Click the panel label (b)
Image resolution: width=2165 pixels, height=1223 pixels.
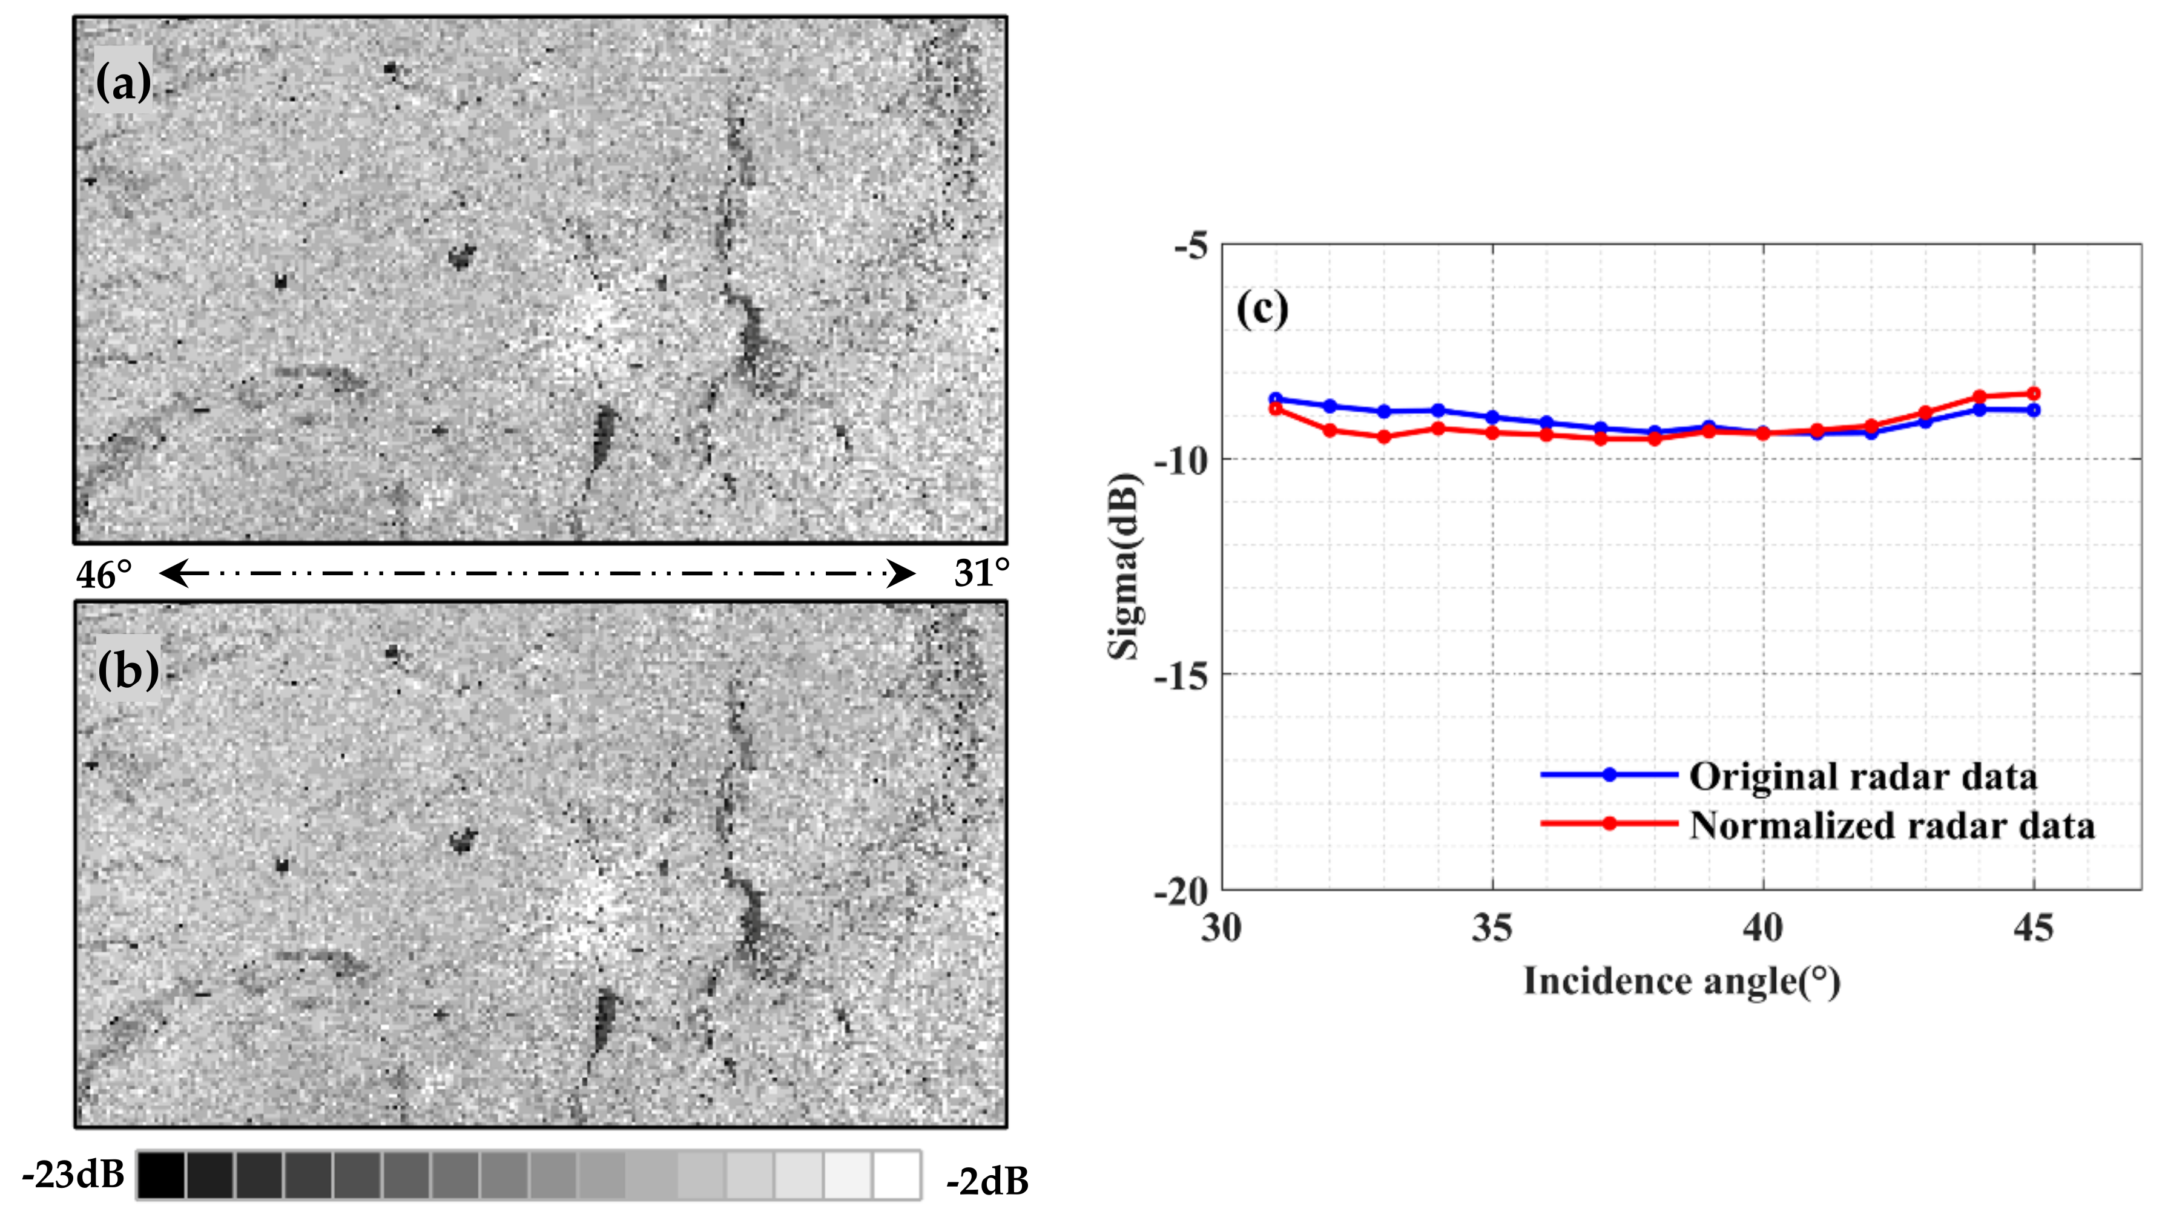128,670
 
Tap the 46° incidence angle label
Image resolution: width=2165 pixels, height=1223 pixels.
104,575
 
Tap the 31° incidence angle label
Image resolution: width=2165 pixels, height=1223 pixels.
981,573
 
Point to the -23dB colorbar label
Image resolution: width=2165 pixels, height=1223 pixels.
73,1174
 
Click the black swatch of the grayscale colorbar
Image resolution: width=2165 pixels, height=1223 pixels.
162,1174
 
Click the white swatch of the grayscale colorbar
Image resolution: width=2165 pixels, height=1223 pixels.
896,1174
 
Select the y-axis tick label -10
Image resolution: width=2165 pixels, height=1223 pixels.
1180,461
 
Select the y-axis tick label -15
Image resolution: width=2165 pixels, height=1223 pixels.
1180,675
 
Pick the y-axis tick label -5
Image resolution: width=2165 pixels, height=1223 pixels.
1191,247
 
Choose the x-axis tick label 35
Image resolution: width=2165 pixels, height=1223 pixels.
1492,928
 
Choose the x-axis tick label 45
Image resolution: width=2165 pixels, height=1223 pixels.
2033,928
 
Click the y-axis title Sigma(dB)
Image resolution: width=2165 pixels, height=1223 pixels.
1123,567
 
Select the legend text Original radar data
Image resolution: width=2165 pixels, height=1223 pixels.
1863,776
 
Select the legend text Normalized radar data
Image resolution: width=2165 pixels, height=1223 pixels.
1892,825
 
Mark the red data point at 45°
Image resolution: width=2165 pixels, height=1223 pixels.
2033,394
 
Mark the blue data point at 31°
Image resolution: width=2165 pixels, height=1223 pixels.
1276,399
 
